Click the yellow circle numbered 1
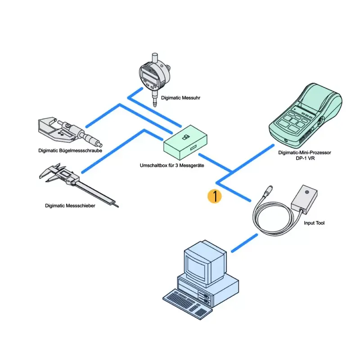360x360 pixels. [x=215, y=196]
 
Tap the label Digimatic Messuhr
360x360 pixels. [x=181, y=98]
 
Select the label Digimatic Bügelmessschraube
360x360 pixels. [x=70, y=151]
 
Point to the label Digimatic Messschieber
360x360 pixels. [x=70, y=206]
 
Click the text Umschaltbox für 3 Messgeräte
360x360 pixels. [x=172, y=165]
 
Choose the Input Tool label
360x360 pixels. [x=314, y=223]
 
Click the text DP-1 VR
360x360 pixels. [x=305, y=158]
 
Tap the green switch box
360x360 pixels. [x=185, y=143]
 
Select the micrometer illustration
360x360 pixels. [x=69, y=131]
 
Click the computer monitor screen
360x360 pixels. [x=196, y=267]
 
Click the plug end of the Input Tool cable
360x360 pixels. [x=268, y=191]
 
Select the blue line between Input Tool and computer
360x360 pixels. [x=244, y=243]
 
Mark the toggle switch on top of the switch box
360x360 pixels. [x=185, y=138]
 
